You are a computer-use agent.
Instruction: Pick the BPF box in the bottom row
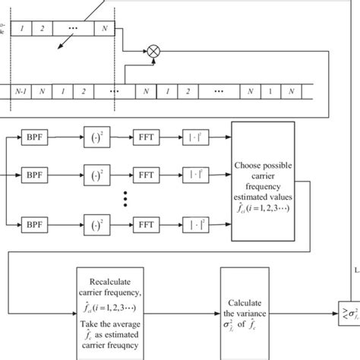point(34,225)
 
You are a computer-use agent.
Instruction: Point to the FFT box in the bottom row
point(147,225)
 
